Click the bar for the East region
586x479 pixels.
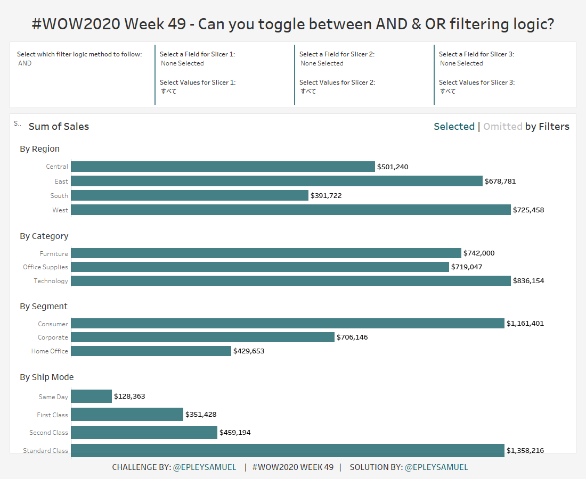276,181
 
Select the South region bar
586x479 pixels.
190,195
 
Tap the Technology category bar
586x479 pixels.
291,280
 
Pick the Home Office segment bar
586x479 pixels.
151,351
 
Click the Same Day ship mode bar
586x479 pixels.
91,396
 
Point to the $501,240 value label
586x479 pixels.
393,167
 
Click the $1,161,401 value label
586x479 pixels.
525,323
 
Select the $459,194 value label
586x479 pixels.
235,432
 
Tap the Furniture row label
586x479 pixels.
54,254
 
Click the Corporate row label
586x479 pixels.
53,337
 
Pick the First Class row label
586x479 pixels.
52,415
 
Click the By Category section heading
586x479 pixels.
44,236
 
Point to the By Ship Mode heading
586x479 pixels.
47,377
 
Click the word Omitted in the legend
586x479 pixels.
502,126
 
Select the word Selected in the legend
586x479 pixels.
454,126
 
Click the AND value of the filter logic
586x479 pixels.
25,63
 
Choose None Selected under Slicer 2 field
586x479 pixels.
322,63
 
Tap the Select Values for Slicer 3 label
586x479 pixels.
477,82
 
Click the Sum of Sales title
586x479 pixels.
59,126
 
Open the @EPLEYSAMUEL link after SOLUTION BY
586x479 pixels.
436,467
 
